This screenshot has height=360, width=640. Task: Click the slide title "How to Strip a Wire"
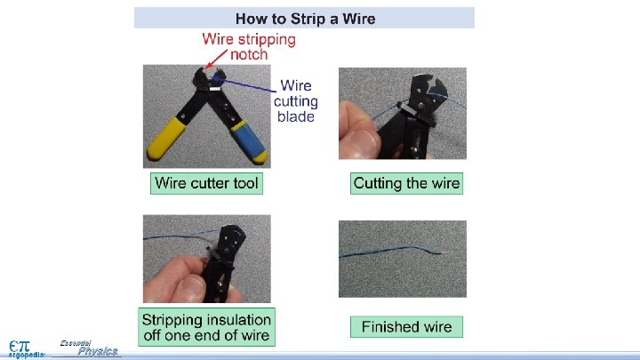tap(305, 19)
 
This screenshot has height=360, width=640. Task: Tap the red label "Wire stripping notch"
tap(249, 46)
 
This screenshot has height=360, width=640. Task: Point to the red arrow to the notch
tap(216, 60)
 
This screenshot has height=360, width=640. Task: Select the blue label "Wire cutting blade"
tap(295, 100)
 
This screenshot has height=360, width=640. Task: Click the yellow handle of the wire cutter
tap(167, 139)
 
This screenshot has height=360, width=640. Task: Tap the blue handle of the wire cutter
tap(250, 140)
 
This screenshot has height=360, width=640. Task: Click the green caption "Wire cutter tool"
tap(206, 183)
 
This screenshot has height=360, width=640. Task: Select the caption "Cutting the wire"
tap(406, 183)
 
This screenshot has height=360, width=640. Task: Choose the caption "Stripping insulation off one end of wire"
tap(206, 327)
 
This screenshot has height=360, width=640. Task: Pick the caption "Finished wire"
tap(406, 327)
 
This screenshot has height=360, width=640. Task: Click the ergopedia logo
tap(26, 349)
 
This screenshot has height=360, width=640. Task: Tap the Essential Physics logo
tap(89, 348)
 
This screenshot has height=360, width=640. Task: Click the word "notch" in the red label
tap(249, 54)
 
